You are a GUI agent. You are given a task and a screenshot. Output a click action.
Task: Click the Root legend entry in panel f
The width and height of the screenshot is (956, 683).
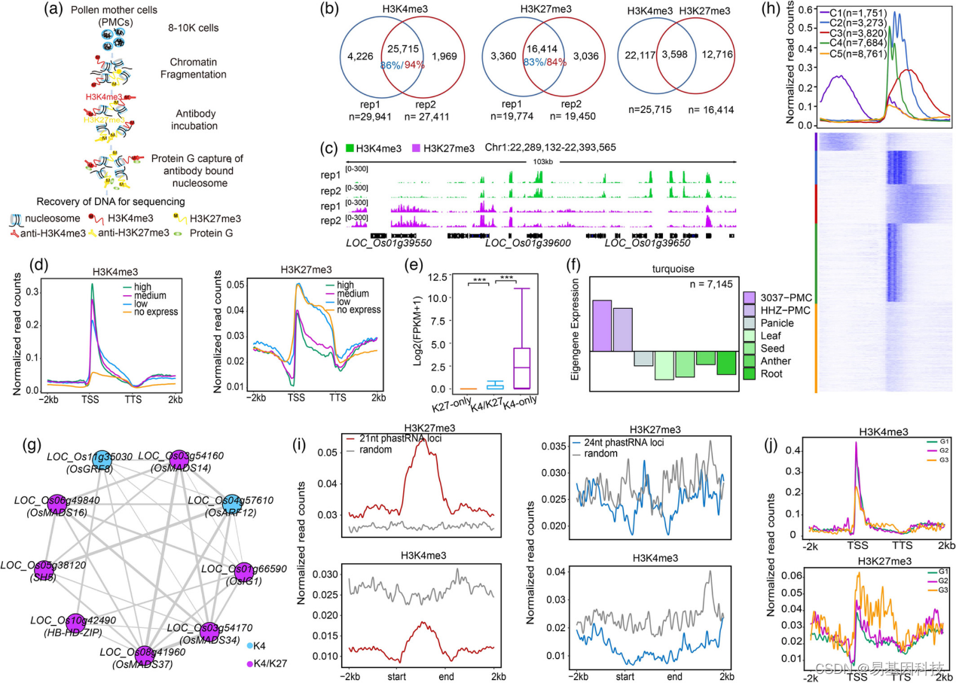click(x=771, y=374)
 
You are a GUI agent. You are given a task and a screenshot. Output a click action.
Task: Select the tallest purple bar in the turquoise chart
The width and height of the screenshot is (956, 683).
click(x=601, y=325)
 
